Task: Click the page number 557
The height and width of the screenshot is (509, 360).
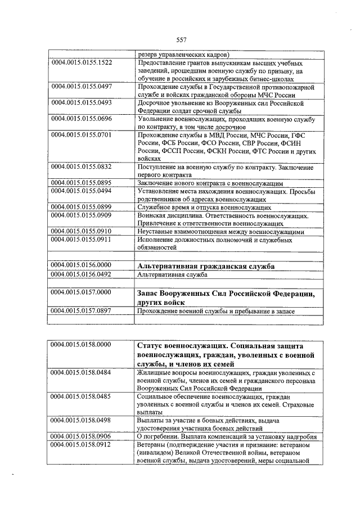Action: tap(181, 39)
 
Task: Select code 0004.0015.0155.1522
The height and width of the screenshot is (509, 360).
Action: tap(81, 63)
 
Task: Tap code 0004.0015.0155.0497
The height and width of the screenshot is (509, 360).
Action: tap(81, 87)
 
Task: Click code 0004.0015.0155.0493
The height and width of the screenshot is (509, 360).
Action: tap(81, 103)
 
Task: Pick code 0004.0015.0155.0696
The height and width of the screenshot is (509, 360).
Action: tap(81, 119)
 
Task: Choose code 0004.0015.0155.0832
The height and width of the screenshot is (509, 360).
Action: tap(81, 168)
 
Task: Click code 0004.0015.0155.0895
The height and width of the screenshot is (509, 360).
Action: tap(81, 183)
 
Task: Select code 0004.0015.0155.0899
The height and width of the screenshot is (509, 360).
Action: tap(81, 208)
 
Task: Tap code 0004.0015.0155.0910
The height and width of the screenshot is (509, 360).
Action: tap(81, 232)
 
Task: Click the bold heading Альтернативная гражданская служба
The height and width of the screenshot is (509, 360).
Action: tap(206, 266)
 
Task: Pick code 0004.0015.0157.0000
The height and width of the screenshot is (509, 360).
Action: tap(81, 293)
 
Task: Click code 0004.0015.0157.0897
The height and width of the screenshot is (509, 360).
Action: tap(81, 311)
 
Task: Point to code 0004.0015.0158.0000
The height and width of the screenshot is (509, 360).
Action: tap(81, 344)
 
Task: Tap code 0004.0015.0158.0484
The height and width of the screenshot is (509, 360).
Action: tap(81, 373)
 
